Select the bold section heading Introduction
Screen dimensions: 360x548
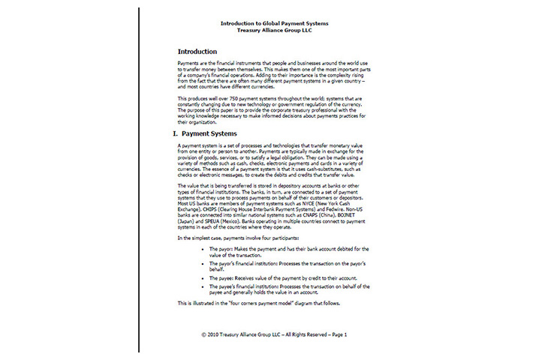pyautogui.click(x=202, y=51)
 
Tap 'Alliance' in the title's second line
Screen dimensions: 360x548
pyautogui.click(x=276, y=30)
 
